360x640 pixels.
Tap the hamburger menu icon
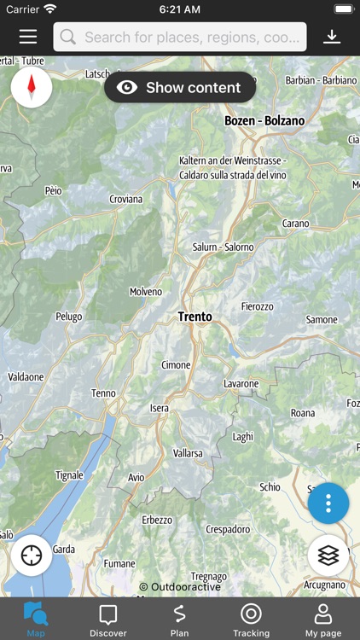tap(28, 37)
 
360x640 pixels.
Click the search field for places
tap(180, 37)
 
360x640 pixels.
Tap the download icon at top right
tap(332, 37)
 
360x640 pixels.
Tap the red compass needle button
tap(32, 87)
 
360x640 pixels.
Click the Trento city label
tap(195, 317)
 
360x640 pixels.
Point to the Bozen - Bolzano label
tap(264, 121)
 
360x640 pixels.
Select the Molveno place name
tap(145, 292)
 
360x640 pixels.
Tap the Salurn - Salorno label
tap(223, 247)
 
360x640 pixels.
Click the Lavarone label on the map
tap(241, 384)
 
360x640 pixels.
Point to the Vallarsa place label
tap(188, 453)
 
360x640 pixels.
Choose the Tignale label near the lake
tap(69, 475)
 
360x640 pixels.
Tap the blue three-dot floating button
tap(328, 503)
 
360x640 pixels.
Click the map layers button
tap(328, 556)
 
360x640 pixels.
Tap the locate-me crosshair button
tap(32, 556)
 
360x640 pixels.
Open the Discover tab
tap(107, 620)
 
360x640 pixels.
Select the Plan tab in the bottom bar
tap(179, 620)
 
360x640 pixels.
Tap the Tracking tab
tap(251, 620)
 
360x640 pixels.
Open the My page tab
tap(323, 620)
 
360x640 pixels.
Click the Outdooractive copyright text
tap(180, 587)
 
